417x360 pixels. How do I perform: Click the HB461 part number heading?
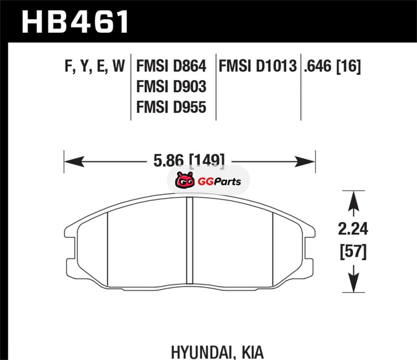(75, 22)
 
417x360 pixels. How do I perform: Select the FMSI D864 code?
(171, 66)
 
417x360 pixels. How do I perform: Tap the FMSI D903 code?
(171, 86)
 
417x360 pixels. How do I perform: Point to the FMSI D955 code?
(171, 107)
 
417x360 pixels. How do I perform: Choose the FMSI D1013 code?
(257, 66)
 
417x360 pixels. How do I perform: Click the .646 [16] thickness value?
(333, 66)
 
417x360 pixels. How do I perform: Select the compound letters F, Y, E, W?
(95, 67)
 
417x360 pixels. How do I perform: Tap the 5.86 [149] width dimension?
(189, 160)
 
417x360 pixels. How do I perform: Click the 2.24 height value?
(353, 229)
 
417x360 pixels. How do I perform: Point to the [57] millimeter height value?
(353, 252)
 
